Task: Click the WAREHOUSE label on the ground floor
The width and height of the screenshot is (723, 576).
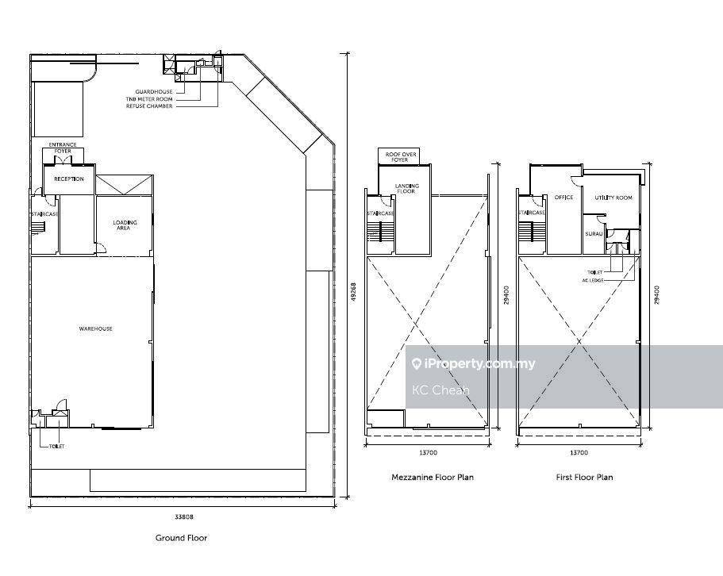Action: [95, 329]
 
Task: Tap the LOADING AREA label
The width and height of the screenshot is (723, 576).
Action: [125, 225]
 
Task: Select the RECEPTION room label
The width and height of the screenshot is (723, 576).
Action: [69, 179]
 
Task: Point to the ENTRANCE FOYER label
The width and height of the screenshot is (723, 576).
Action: [63, 148]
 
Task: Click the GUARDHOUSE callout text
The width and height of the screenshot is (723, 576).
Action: [153, 92]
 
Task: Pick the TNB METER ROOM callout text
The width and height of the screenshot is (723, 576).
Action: [149, 99]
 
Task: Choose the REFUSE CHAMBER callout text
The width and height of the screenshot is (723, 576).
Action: [149, 106]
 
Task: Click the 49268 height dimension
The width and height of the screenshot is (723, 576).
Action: [354, 292]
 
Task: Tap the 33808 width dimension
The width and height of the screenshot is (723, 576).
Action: [183, 517]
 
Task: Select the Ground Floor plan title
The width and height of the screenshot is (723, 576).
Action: [181, 538]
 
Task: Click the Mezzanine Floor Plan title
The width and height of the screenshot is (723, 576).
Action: [432, 478]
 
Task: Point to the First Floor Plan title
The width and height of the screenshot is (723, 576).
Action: [584, 478]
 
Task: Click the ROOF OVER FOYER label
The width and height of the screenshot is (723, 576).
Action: [400, 156]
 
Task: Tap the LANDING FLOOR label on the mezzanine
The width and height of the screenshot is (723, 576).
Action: [406, 189]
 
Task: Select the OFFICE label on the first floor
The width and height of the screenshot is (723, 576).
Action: [563, 198]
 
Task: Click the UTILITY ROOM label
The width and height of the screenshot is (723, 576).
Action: [613, 198]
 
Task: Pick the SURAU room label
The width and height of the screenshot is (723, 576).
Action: [594, 234]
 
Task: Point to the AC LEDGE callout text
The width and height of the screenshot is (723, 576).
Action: [593, 280]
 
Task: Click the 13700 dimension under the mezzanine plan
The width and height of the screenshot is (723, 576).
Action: [428, 452]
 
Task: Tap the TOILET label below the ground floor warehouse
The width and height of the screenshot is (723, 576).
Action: [56, 447]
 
